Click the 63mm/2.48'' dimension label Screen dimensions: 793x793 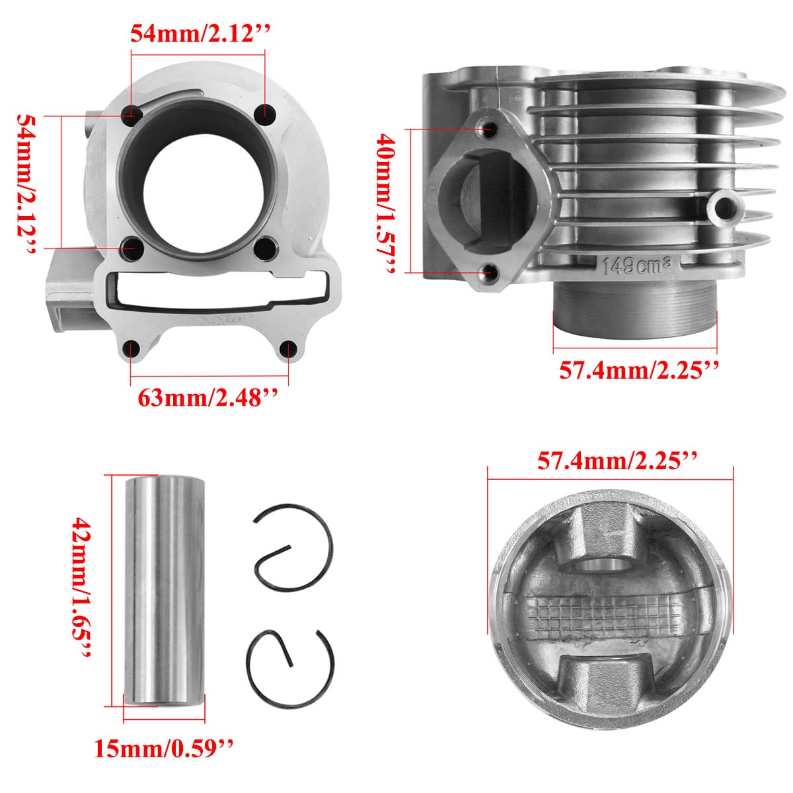[x=208, y=398]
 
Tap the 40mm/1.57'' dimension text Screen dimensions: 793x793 [x=385, y=204]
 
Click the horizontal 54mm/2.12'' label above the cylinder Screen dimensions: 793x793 [x=200, y=33]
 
